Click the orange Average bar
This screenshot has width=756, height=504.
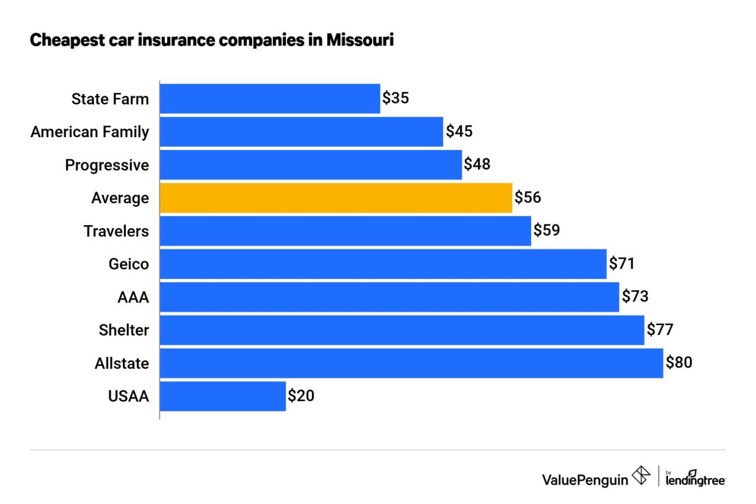(335, 198)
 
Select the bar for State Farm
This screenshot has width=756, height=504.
(269, 99)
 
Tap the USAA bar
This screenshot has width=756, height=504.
(223, 396)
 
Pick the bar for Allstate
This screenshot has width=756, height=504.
(411, 363)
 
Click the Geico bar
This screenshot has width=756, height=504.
(383, 264)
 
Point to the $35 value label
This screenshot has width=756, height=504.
(396, 99)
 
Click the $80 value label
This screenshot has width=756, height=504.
(679, 362)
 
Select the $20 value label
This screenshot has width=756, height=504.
(301, 396)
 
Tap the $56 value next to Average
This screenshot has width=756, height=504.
(527, 198)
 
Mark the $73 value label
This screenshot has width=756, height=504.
(635, 297)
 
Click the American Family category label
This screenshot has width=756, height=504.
(90, 132)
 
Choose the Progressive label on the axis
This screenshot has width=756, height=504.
(107, 165)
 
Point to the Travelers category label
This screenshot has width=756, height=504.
(116, 231)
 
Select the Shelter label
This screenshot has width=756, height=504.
(124, 330)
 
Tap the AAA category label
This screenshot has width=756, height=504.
(133, 297)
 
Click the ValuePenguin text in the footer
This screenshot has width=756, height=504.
(585, 479)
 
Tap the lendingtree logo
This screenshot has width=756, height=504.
(695, 478)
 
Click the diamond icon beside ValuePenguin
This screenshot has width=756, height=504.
(641, 476)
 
